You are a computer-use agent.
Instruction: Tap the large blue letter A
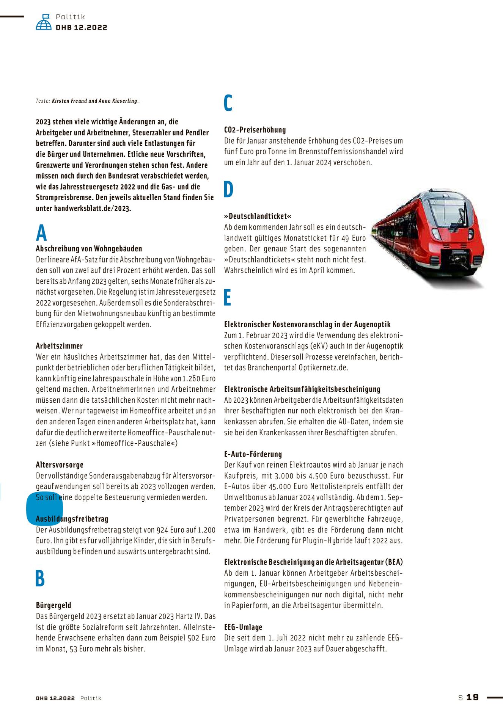click(41, 233)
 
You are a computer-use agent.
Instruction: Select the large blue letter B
click(40, 578)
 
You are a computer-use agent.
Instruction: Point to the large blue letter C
click(228, 103)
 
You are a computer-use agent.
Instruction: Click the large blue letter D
click(228, 189)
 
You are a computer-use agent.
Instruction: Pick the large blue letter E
click(228, 297)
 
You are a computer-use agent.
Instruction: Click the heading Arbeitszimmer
click(59, 346)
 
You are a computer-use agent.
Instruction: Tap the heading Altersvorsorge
click(60, 465)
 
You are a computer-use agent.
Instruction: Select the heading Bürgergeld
click(53, 605)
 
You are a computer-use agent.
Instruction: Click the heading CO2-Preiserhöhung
click(255, 130)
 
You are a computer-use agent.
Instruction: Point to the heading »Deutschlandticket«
click(258, 216)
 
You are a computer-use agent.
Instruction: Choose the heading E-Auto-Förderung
click(253, 454)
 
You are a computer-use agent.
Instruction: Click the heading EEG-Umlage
click(243, 627)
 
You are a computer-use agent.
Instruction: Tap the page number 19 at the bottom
click(472, 697)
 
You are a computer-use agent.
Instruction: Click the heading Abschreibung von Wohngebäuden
click(89, 249)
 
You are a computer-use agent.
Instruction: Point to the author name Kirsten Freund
click(69, 101)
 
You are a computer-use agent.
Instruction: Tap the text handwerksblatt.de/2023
click(93, 209)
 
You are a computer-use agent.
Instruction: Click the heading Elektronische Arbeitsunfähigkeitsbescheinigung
click(302, 389)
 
